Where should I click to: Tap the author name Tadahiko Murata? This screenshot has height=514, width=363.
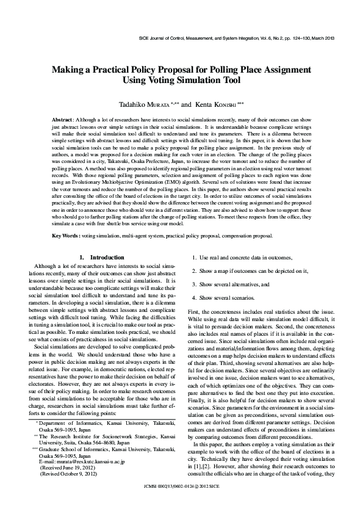click(x=147, y=104)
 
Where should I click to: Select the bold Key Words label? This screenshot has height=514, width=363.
click(x=66, y=235)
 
